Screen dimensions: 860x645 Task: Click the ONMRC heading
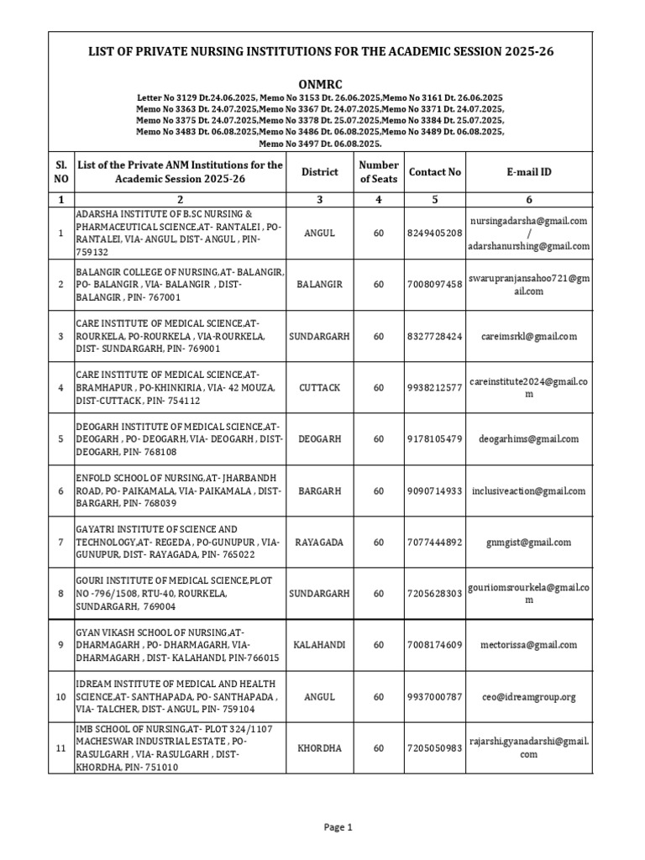point(322,85)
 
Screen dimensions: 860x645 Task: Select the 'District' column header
point(319,172)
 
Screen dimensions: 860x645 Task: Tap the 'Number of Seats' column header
point(378,172)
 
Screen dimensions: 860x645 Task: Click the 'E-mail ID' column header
point(528,172)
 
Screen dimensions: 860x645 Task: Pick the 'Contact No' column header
point(434,172)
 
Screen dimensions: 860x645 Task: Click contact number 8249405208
point(434,233)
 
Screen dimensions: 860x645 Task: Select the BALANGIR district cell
point(319,285)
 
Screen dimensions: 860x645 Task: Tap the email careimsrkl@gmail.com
point(528,336)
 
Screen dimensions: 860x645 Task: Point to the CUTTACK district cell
point(319,387)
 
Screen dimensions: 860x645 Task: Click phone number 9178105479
point(434,438)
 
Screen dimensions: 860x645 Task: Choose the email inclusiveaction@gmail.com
point(528,490)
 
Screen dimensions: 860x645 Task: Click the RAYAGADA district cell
point(319,542)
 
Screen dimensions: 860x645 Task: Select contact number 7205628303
point(434,593)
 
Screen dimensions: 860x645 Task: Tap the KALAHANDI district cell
point(319,645)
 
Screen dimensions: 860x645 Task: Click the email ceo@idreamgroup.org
point(528,696)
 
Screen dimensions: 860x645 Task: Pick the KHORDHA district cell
point(319,747)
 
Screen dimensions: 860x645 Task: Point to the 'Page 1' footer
point(338,827)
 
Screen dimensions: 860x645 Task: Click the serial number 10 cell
point(60,696)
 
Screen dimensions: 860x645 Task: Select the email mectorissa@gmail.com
point(528,645)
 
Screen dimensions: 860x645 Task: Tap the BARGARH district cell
point(319,490)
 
